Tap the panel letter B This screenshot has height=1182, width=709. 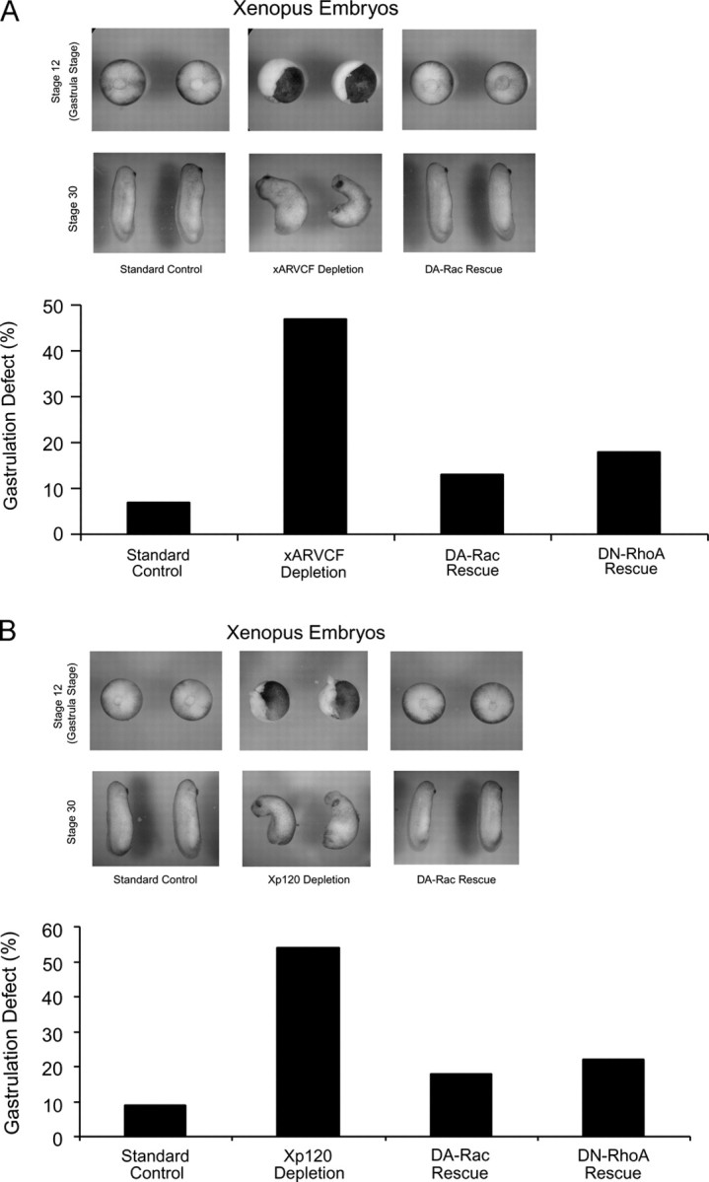point(11,629)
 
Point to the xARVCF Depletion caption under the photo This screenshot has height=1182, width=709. point(311,269)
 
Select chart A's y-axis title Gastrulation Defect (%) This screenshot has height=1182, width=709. point(18,422)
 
